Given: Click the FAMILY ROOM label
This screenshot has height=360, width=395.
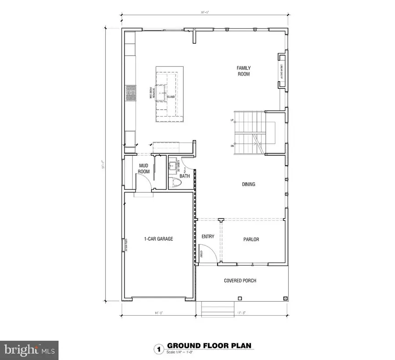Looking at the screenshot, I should pos(243,71).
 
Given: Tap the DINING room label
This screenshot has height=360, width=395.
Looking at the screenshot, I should pos(248,185).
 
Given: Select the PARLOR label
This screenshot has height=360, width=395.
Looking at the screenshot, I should pos(251,239).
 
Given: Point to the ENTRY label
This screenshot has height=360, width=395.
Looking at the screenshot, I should pos(208,237).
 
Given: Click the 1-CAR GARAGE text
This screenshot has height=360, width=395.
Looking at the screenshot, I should pos(158,239).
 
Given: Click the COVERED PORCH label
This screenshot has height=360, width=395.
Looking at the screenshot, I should pos(240,281).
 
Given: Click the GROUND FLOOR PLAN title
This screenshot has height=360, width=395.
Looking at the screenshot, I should pos(209,346).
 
